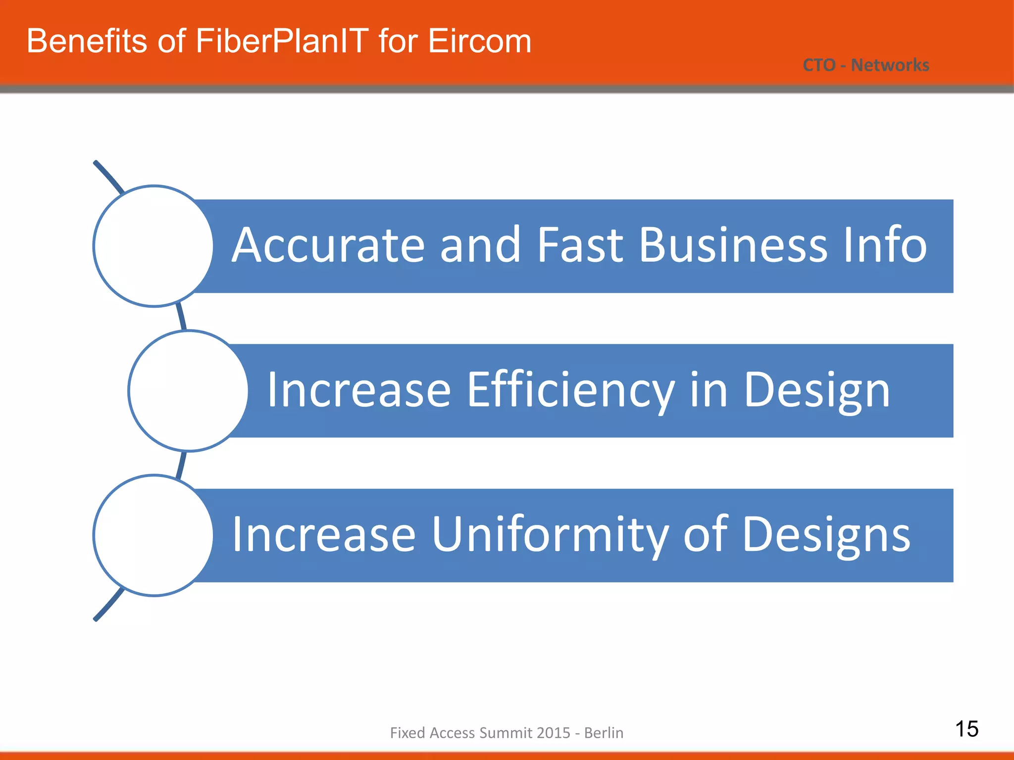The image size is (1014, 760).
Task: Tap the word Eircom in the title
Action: (x=479, y=41)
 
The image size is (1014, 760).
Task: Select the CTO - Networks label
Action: (x=865, y=65)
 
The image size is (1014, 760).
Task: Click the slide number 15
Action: (x=966, y=729)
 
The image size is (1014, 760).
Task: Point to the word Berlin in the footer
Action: (x=604, y=733)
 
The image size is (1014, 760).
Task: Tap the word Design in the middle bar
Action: (x=817, y=391)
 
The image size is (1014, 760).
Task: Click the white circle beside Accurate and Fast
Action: (x=153, y=246)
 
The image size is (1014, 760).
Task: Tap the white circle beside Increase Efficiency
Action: (x=188, y=391)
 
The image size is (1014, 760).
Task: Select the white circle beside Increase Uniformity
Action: (x=153, y=535)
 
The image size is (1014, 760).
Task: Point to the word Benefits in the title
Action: (x=87, y=41)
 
